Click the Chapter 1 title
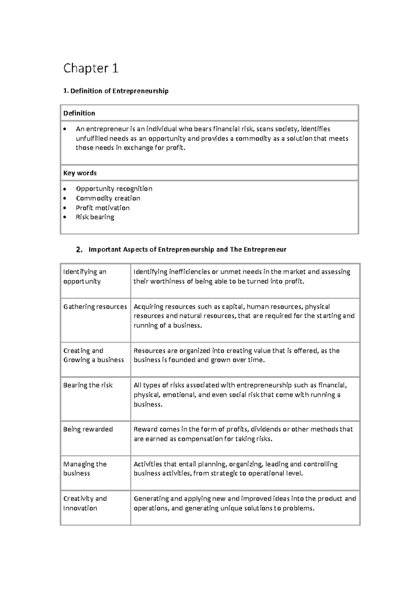90,68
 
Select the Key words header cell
80,173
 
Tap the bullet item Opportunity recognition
114,189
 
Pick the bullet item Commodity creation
108,198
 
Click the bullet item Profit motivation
103,208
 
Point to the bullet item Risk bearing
95,217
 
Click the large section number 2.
79,250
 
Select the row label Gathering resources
95,307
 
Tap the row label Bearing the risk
88,385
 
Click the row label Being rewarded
88,429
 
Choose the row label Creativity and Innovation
85,503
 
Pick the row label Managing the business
85,469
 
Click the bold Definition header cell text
79,113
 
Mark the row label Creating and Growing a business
93,355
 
